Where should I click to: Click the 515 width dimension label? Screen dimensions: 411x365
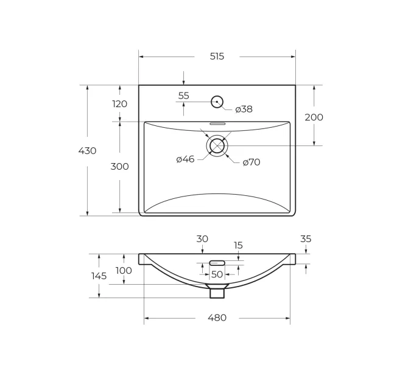(x=217, y=57)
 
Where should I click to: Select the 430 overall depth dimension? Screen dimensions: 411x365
(x=87, y=151)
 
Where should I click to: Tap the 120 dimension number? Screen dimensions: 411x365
(x=120, y=104)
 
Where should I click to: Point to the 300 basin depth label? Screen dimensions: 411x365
(x=119, y=167)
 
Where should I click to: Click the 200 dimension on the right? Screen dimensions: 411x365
(x=314, y=117)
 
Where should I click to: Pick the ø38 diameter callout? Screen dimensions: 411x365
(x=244, y=109)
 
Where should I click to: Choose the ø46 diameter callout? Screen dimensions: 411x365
(x=185, y=159)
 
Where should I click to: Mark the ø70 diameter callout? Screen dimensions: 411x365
(x=251, y=162)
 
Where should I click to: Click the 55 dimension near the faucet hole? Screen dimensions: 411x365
(x=183, y=96)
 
